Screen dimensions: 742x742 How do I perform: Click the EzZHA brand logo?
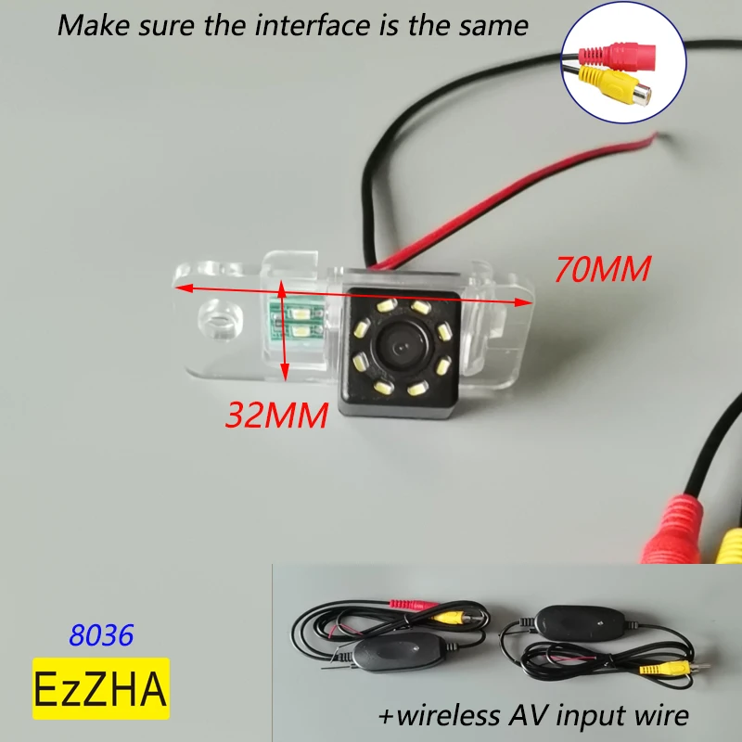coord(102,688)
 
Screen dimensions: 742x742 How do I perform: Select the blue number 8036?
coord(102,634)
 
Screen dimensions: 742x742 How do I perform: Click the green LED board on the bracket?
coord(298,320)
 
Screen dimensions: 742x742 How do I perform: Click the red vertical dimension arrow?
coord(284,331)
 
